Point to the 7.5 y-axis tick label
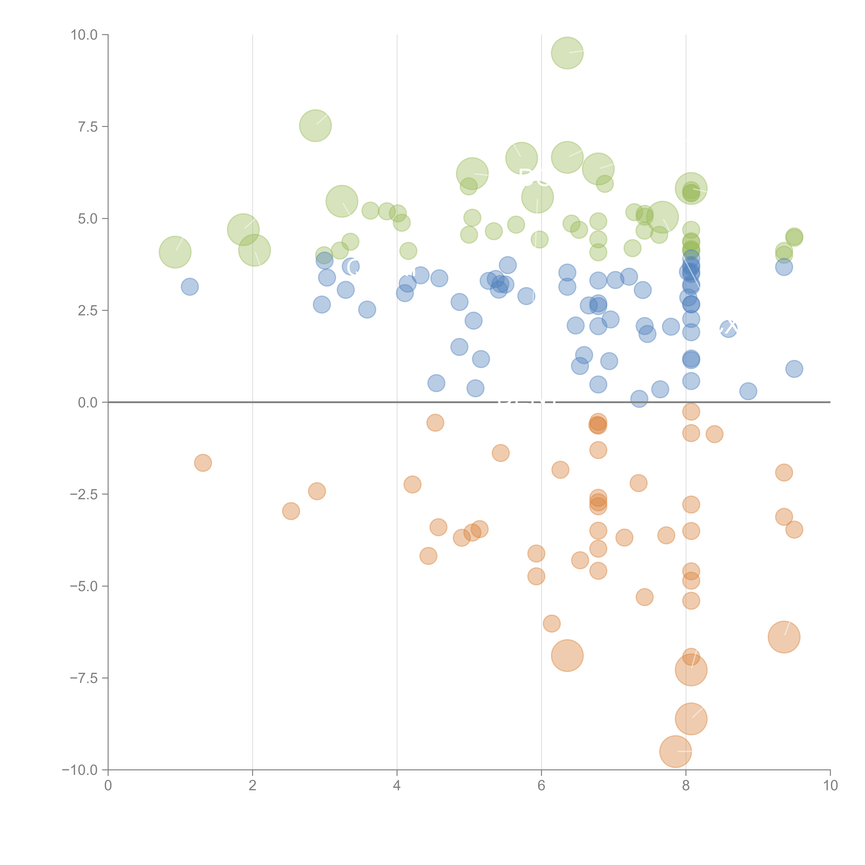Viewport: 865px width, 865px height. pos(87,127)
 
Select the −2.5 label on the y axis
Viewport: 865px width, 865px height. pos(83,494)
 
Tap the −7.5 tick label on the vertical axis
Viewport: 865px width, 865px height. pos(83,678)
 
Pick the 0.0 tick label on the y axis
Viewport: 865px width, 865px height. pos(87,403)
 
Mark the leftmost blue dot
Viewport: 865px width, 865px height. pos(190,286)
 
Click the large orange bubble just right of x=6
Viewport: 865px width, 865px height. pos(567,655)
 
